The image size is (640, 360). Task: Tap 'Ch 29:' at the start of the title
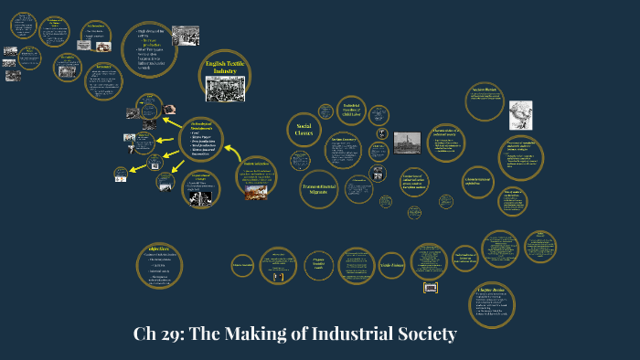point(155,334)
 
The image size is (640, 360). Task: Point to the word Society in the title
point(423,334)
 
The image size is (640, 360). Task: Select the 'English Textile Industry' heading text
point(224,66)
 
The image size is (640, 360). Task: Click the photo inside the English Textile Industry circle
point(224,88)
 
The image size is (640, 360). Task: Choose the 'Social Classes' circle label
point(304,130)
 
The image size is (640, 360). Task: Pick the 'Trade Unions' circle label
point(391,265)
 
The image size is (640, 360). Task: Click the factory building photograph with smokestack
point(406,143)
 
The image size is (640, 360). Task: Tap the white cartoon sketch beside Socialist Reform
point(520,115)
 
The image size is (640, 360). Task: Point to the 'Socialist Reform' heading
point(484,90)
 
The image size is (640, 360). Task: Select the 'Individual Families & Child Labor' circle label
point(352,110)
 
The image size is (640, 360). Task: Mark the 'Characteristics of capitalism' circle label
point(477,180)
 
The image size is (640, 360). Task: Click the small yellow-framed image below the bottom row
point(431,287)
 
